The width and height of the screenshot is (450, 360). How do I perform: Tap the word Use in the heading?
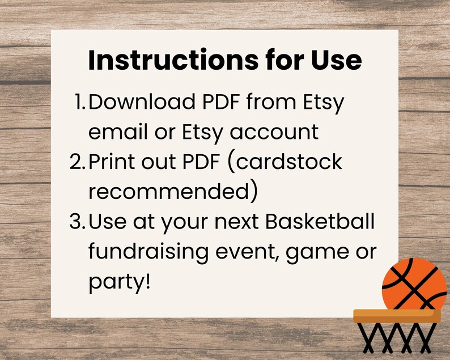pyautogui.click(x=335, y=60)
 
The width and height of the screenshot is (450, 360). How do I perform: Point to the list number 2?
pyautogui.click(x=77, y=162)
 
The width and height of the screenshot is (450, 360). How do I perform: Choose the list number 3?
pyautogui.click(x=77, y=222)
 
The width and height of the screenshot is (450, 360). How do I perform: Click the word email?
pyautogui.click(x=118, y=133)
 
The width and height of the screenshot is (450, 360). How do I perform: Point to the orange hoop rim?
pyautogui.click(x=397, y=315)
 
